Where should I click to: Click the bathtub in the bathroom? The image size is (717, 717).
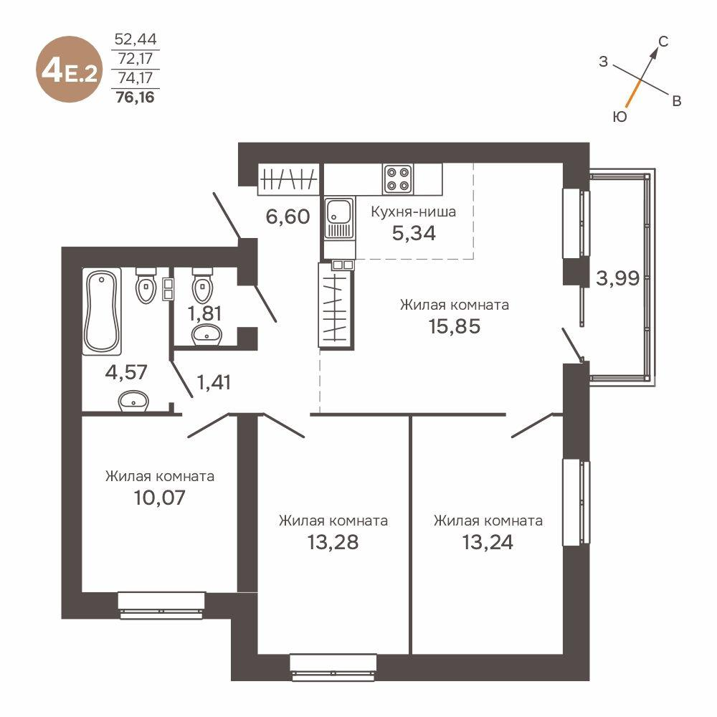[100, 311]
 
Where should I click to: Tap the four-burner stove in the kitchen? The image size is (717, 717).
[397, 179]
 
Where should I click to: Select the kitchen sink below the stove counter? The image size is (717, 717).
[338, 212]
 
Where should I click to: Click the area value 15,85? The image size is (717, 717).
[455, 326]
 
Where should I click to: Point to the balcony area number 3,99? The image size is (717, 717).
[617, 278]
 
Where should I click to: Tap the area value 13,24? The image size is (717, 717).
[488, 541]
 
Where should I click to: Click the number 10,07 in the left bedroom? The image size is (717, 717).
[159, 497]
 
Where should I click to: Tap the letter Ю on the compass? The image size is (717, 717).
[621, 116]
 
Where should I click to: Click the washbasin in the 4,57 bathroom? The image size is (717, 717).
[133, 402]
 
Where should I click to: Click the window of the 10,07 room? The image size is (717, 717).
[162, 604]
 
